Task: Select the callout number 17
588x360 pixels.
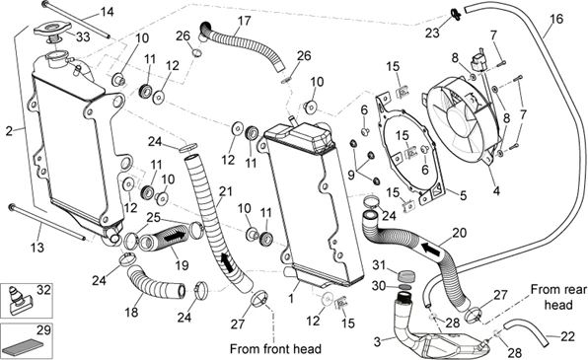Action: click(244, 21)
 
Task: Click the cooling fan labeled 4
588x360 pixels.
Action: click(462, 119)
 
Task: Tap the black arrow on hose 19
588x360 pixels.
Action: click(175, 237)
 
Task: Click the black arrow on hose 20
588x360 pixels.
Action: click(431, 250)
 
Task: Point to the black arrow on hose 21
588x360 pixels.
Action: click(227, 262)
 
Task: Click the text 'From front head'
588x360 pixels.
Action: click(275, 349)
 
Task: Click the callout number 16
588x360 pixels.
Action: click(556, 19)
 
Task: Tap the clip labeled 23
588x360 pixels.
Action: click(456, 15)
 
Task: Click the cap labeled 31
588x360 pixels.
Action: click(405, 277)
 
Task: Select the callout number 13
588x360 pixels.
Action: click(37, 248)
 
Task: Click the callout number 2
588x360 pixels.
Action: click(10, 131)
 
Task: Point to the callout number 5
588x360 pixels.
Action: click(463, 195)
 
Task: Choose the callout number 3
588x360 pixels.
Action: click(378, 341)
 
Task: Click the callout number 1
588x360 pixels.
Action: click(291, 299)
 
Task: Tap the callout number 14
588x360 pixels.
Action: click(107, 12)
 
